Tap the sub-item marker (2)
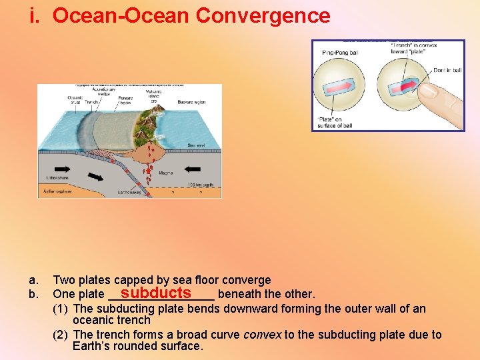[61, 335]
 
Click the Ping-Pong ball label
[341, 53]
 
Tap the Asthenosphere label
[57, 191]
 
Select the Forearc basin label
[125, 100]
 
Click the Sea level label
[196, 145]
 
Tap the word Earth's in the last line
[93, 346]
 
